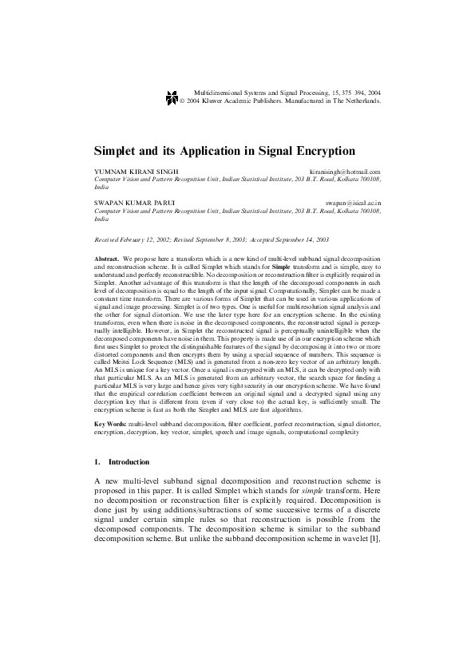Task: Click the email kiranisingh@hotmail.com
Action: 345,172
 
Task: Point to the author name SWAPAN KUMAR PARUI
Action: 132,204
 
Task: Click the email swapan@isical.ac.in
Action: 353,204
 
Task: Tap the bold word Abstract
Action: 107,260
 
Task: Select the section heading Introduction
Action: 129,462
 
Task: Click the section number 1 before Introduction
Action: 97,462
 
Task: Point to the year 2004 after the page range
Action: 370,93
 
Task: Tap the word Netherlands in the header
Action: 359,102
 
